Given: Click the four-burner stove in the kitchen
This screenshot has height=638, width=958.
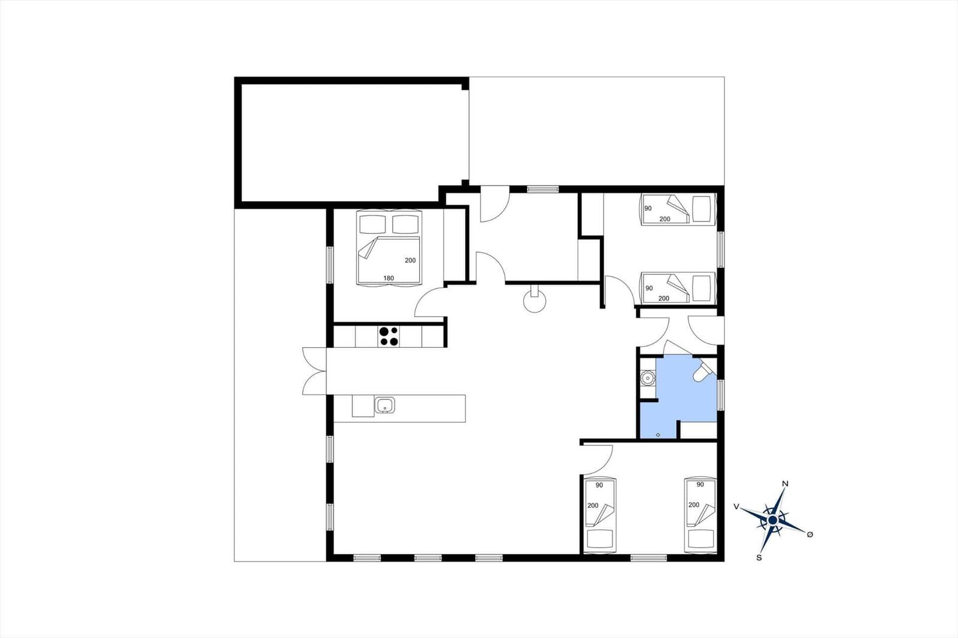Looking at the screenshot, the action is click(x=389, y=336).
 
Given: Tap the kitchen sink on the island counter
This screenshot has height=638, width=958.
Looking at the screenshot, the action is click(x=385, y=405).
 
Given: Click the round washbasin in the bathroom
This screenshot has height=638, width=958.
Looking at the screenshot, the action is click(x=648, y=378).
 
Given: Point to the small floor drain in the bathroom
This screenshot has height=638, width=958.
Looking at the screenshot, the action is click(x=658, y=435).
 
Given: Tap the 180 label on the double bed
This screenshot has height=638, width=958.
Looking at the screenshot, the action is click(x=389, y=278).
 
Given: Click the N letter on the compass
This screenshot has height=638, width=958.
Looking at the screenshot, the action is click(x=785, y=484).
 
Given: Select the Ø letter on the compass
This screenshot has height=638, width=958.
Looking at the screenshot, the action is click(x=810, y=534).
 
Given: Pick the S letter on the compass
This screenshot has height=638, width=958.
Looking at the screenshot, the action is click(x=759, y=558).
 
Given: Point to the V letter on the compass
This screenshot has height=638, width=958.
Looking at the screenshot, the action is click(x=736, y=507).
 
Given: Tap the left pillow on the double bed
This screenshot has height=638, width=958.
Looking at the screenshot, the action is click(x=372, y=224).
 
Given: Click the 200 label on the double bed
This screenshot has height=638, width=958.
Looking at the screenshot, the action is click(x=410, y=260).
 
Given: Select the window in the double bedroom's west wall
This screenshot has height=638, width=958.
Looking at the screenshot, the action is click(x=330, y=265).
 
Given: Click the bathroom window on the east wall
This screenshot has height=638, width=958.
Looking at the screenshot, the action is click(x=721, y=395).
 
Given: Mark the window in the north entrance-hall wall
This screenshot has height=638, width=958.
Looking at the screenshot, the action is click(x=542, y=190).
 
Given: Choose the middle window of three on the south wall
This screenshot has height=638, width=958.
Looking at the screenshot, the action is click(x=428, y=558).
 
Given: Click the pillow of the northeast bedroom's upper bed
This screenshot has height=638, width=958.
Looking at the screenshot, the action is click(x=701, y=209).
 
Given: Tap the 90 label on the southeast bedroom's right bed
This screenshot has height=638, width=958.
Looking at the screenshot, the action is click(x=700, y=485).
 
